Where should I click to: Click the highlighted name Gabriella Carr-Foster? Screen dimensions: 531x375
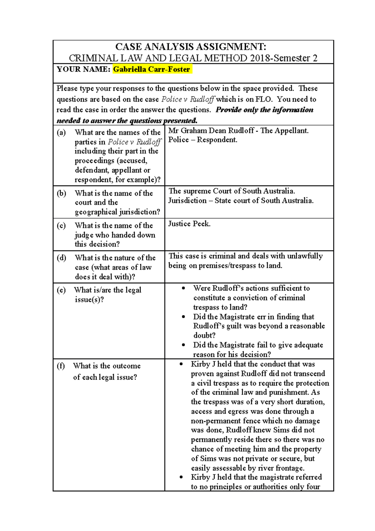click(x=152, y=69)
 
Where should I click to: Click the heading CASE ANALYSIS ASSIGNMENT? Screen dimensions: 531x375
click(x=191, y=47)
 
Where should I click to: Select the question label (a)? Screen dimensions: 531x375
click(x=61, y=133)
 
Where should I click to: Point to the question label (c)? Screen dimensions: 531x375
click(x=61, y=225)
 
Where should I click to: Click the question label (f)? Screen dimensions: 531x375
click(x=61, y=366)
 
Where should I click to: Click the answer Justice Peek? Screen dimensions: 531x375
click(x=189, y=224)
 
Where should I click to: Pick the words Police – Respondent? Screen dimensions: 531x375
click(x=203, y=140)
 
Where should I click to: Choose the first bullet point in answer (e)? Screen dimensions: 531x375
click(x=183, y=288)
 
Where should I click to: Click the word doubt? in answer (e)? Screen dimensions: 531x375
click(x=204, y=336)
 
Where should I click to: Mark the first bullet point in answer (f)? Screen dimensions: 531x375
click(x=181, y=364)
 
